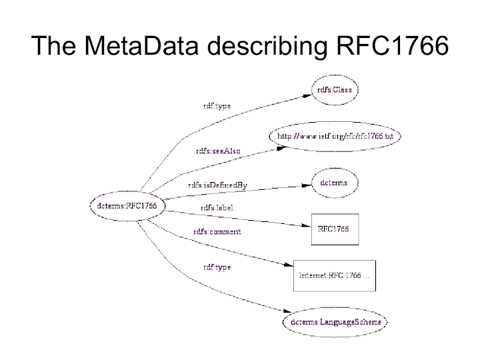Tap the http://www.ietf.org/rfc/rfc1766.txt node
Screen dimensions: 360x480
(x=335, y=136)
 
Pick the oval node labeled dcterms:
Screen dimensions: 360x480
(x=335, y=181)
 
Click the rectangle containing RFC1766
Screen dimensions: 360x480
(x=335, y=229)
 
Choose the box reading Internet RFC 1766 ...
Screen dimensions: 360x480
(x=335, y=274)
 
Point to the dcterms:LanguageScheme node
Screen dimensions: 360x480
(x=335, y=322)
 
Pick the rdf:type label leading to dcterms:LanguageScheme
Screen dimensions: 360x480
(x=217, y=267)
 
